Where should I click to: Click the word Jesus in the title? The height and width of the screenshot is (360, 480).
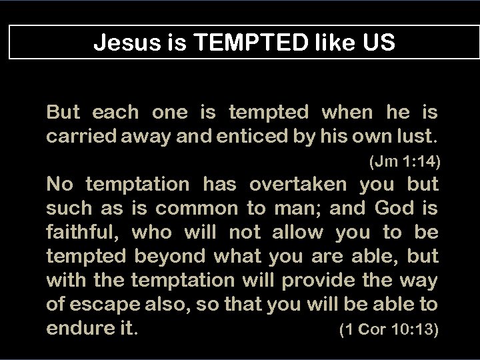point(120,43)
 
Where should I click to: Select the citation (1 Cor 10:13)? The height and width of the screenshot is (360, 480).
point(389,329)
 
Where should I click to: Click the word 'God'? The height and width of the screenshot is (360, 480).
point(395,209)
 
